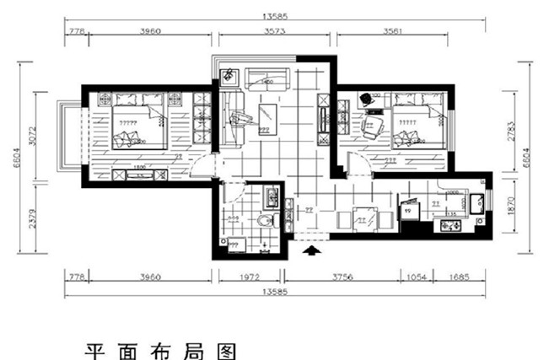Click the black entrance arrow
click(311, 250)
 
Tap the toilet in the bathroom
click(267, 222)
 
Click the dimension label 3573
click(277, 31)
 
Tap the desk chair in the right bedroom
click(373, 126)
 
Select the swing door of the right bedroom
click(356, 158)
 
